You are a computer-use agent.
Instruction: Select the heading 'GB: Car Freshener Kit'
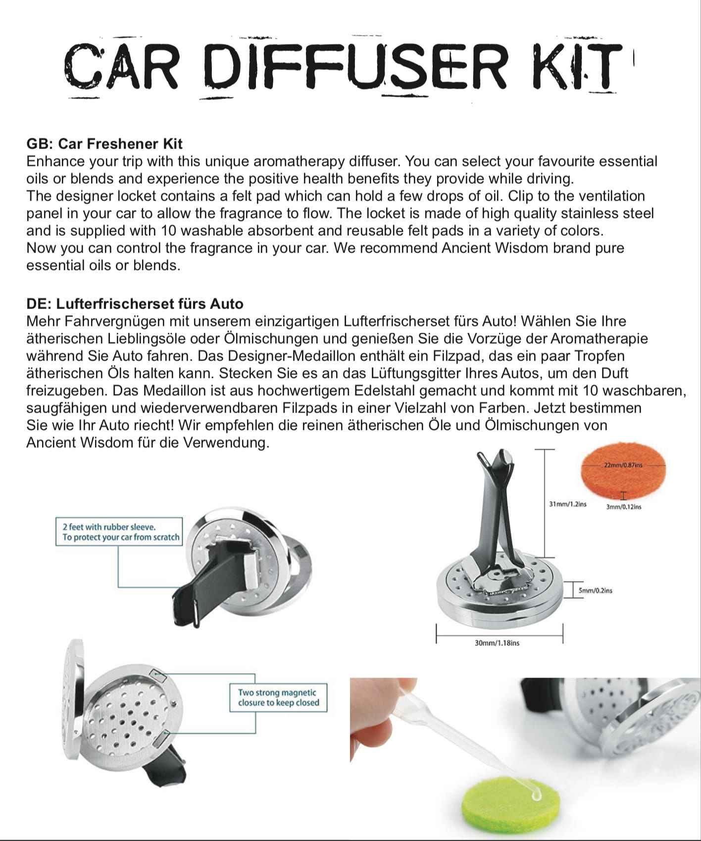[x=104, y=144]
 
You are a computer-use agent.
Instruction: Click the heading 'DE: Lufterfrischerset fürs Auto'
[x=135, y=304]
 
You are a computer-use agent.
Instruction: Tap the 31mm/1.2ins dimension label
[x=567, y=504]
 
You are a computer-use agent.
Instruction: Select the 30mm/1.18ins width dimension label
[x=497, y=643]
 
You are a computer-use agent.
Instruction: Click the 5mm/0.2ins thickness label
[x=595, y=590]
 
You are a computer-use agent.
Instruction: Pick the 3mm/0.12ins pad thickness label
[x=623, y=507]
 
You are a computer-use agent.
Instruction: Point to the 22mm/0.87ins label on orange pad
[x=623, y=465]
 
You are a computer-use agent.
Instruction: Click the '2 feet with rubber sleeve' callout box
[x=119, y=532]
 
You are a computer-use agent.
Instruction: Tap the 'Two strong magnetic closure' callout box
[x=278, y=698]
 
